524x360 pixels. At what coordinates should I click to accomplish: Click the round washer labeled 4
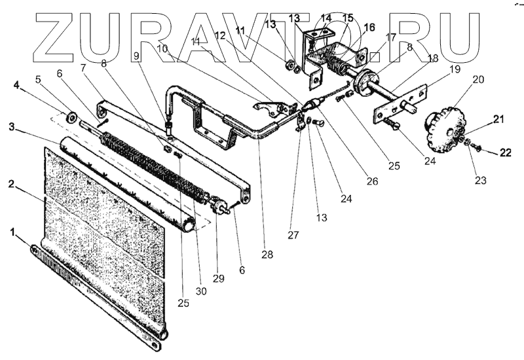point(69,118)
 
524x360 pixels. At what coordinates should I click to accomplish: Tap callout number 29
point(219,278)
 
